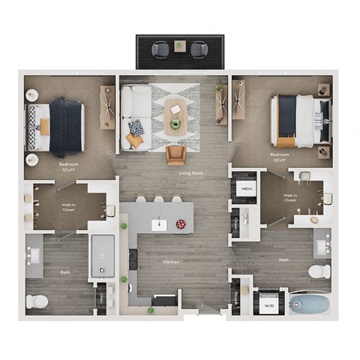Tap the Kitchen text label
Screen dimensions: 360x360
coord(172,262)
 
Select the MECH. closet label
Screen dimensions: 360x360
coord(245,190)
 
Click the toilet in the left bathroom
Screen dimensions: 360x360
coord(37,301)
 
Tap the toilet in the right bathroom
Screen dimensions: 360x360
coord(319,270)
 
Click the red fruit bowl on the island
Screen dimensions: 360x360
coord(180,224)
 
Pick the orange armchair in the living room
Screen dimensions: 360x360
coord(176,155)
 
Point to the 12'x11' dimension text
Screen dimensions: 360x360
coord(279,160)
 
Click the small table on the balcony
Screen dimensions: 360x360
coord(179,46)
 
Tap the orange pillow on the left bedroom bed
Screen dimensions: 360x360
coord(45,128)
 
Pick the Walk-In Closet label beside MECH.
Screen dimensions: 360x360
coord(291,198)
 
